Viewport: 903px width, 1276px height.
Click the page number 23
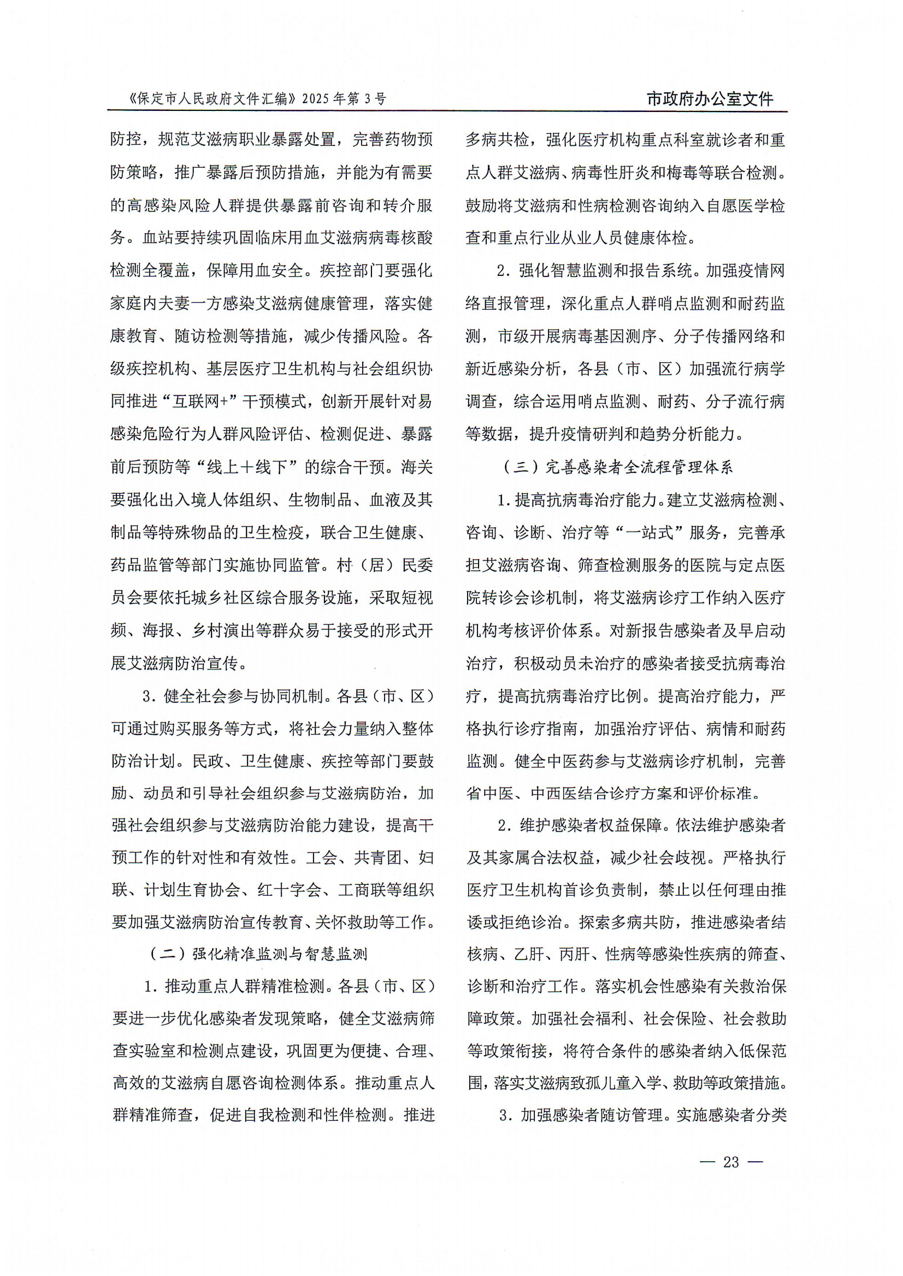click(x=730, y=1161)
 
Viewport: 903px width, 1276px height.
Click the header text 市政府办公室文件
click(x=710, y=99)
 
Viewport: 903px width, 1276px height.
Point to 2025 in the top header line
click(x=316, y=99)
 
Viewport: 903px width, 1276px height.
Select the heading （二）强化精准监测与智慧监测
click(x=258, y=954)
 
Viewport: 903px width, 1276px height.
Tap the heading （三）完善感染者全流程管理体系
click(x=618, y=467)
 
